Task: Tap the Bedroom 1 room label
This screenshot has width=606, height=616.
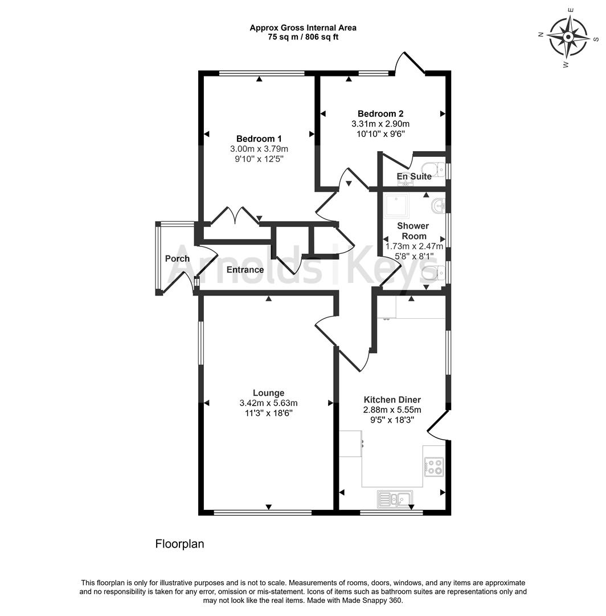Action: coord(259,139)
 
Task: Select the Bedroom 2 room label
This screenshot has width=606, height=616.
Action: coord(380,114)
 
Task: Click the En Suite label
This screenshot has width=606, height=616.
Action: coord(414,176)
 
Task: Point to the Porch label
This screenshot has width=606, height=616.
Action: coord(177,258)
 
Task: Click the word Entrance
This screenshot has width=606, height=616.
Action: coord(245,270)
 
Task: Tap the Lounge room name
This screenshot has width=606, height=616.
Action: coord(268,392)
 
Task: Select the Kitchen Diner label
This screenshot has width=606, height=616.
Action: coord(392,399)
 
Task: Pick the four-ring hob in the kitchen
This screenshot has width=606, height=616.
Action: coord(434,467)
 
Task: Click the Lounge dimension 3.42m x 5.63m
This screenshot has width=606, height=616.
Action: coord(268,403)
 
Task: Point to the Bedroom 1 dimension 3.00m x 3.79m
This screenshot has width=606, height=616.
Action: coord(259,149)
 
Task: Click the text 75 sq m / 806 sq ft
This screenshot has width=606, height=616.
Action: coord(303,37)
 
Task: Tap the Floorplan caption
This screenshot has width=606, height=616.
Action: coord(179,544)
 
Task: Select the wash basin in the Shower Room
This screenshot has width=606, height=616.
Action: coord(438,205)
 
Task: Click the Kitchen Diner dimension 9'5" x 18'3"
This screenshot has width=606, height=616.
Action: coord(392,420)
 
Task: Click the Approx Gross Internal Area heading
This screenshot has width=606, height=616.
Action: coord(303,27)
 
